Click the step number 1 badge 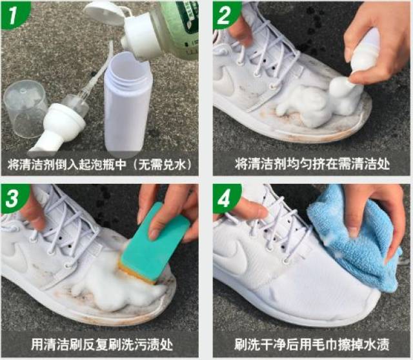click(14, 14)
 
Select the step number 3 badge click(14, 197)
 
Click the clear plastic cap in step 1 click(25, 108)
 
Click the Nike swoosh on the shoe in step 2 click(226, 82)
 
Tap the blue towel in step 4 click(356, 237)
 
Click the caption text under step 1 click(100, 165)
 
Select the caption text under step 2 click(312, 164)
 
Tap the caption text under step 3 click(102, 344)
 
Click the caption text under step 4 click(312, 344)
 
